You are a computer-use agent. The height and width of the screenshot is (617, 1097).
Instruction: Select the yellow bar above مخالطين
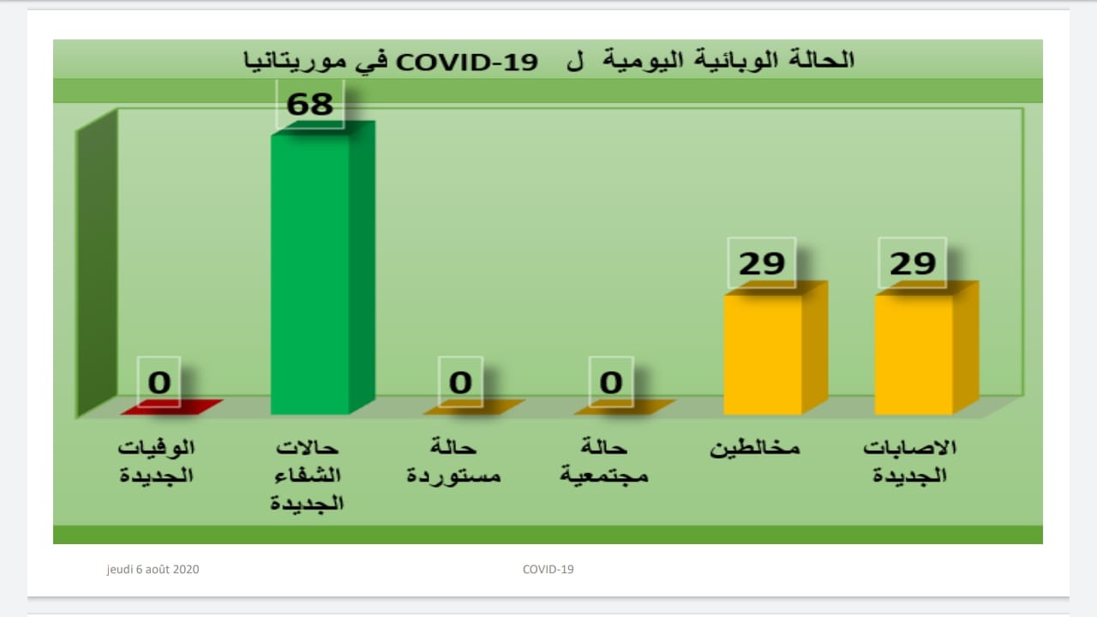tap(776, 348)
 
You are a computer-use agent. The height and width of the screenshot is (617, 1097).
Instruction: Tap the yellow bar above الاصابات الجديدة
tap(926, 348)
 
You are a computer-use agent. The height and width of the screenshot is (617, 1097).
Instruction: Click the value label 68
tap(310, 105)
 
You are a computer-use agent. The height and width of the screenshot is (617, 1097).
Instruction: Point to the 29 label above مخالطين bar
tap(762, 263)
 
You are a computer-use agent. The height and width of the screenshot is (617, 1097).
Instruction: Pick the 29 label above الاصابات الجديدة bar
tap(913, 263)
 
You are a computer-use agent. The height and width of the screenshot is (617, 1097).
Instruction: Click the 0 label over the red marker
tap(159, 382)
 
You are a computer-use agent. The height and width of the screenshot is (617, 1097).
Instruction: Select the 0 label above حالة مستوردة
tap(460, 382)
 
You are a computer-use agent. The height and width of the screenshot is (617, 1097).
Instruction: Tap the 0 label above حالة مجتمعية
tap(611, 382)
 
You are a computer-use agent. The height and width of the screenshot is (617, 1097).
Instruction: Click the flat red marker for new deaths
tap(172, 407)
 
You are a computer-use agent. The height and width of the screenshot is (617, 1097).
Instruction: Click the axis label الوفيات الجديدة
tap(156, 461)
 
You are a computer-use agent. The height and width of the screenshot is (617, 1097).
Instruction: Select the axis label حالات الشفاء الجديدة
tap(307, 476)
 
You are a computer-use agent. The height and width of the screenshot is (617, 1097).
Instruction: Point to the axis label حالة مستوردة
tap(453, 461)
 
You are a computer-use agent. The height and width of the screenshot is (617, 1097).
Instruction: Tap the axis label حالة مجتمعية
tap(604, 461)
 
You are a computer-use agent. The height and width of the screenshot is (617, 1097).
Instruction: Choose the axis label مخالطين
tap(755, 448)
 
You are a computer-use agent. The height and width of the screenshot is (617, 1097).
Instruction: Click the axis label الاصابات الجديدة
tap(909, 461)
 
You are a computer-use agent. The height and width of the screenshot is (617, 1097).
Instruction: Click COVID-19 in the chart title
tap(467, 63)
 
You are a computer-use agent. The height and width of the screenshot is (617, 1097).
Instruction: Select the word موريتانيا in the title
tap(295, 61)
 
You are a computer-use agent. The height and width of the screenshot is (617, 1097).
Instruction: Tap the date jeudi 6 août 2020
tap(153, 570)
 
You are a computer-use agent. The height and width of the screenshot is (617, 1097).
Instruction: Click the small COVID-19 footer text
tap(548, 569)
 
